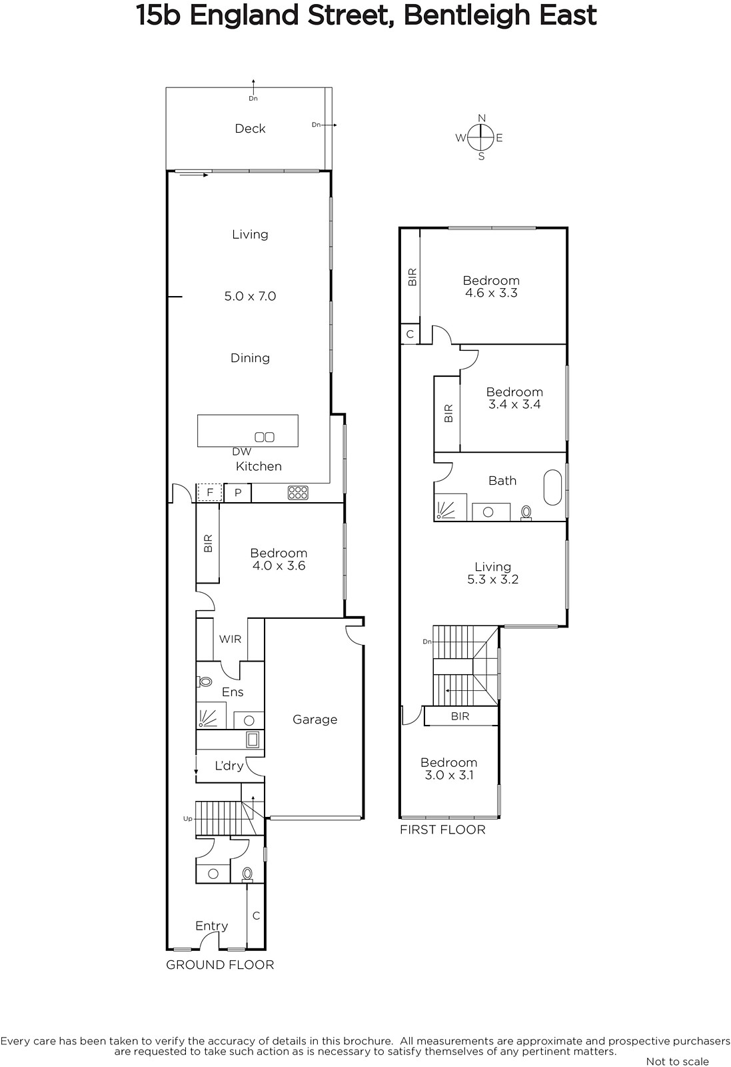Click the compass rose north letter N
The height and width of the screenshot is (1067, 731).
482,118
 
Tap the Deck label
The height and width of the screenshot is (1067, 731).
251,129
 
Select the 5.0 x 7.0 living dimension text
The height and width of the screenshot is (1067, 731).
251,296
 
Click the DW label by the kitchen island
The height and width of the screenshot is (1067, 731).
242,451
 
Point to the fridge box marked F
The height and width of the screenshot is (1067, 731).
210,493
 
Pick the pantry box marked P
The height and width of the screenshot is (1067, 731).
238,493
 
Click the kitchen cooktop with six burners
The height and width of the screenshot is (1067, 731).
298,493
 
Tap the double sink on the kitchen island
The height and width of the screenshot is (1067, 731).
265,437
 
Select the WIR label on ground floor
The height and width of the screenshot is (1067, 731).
231,640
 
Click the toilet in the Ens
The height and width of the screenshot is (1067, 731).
205,682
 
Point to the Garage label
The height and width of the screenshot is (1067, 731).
315,720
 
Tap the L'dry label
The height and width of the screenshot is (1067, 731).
229,766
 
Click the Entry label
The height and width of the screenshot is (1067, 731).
212,926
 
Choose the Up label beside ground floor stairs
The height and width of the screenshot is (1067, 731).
188,819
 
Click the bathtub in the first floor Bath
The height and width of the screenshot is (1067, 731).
553,487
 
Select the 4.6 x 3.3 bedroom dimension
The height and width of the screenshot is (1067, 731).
491,293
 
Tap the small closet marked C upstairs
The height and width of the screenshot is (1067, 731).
410,334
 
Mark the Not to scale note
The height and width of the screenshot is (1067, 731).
678,1061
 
